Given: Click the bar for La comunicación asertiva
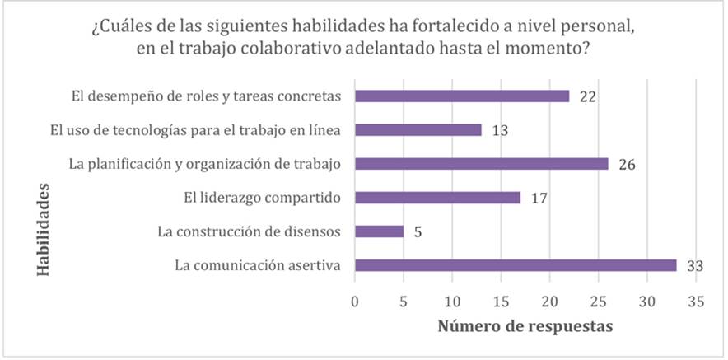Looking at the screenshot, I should [516, 265].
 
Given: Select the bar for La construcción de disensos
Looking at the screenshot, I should [379, 231].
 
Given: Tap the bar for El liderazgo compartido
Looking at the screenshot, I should [437, 198].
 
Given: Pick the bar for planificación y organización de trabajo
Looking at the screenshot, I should [481, 164].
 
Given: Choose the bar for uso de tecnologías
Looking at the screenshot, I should [418, 130].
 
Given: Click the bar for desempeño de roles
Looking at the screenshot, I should [461, 96].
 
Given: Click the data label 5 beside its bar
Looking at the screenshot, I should [419, 231].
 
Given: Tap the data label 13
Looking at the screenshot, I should [498, 130].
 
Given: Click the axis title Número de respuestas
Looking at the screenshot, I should [525, 326].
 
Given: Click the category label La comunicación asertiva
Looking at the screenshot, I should [258, 265].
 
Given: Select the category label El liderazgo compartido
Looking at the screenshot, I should [262, 198].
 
